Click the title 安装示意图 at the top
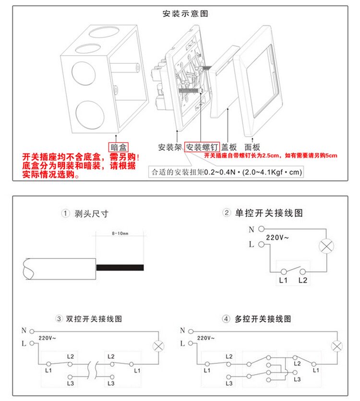(186, 14)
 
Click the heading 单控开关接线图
(269, 213)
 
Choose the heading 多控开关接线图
(264, 319)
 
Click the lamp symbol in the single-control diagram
(327, 247)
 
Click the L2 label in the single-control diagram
(302, 280)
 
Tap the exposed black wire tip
(120, 267)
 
